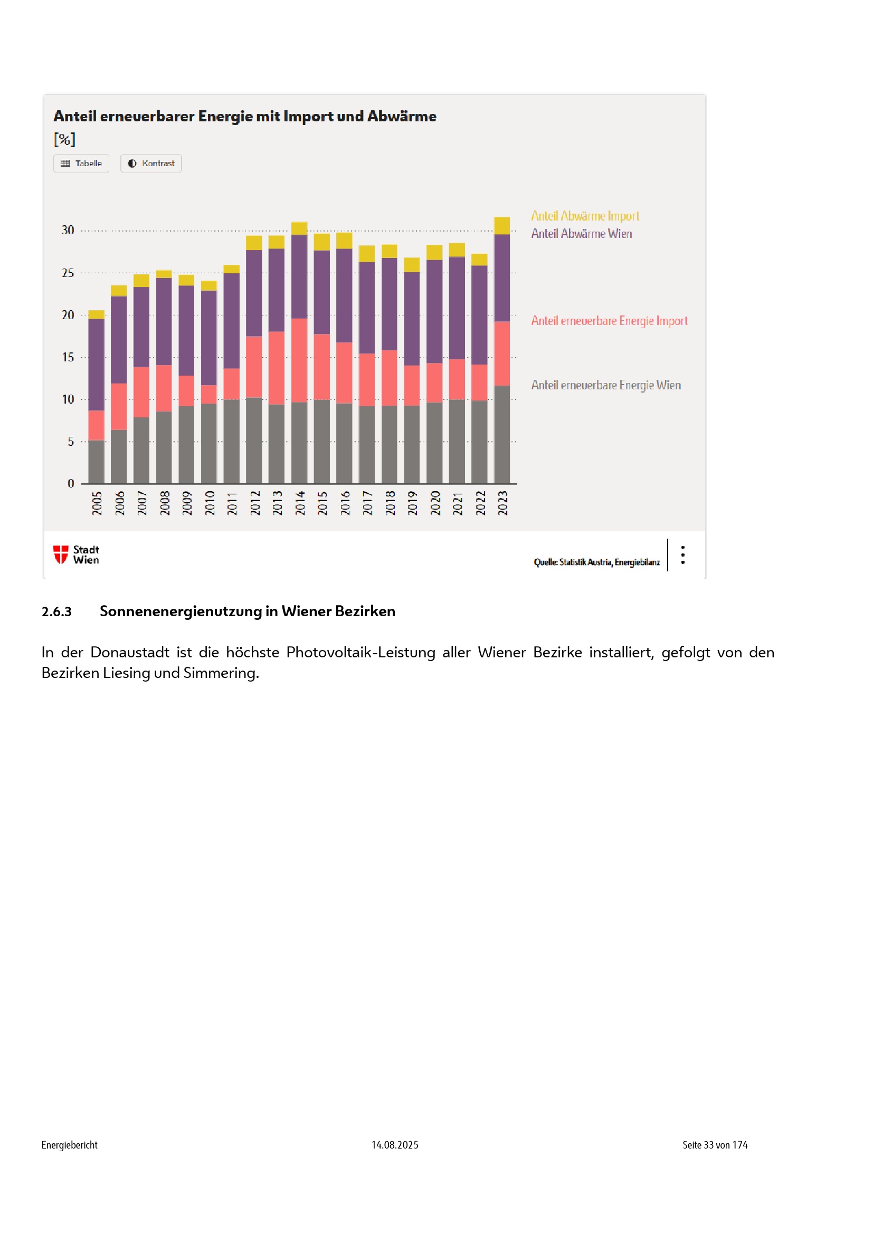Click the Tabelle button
pyautogui.click(x=81, y=164)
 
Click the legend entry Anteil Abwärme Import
pyautogui.click(x=585, y=216)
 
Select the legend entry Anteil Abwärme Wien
pyautogui.click(x=581, y=234)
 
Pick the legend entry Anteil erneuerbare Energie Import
pyautogui.click(x=609, y=321)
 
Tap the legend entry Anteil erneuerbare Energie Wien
pyautogui.click(x=606, y=385)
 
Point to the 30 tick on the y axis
pyautogui.click(x=68, y=231)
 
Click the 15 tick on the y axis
pyautogui.click(x=68, y=357)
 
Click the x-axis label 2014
pyautogui.click(x=299, y=503)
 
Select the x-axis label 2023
pyautogui.click(x=502, y=503)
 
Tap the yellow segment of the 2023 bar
pyautogui.click(x=502, y=226)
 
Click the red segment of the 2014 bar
pyautogui.click(x=299, y=360)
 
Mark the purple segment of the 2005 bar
pyautogui.click(x=96, y=365)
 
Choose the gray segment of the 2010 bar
pyautogui.click(x=209, y=443)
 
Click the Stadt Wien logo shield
pyautogui.click(x=61, y=554)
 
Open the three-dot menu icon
pyautogui.click(x=682, y=555)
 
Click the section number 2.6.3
pyautogui.click(x=56, y=611)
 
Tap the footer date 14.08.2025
pyautogui.click(x=395, y=1145)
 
